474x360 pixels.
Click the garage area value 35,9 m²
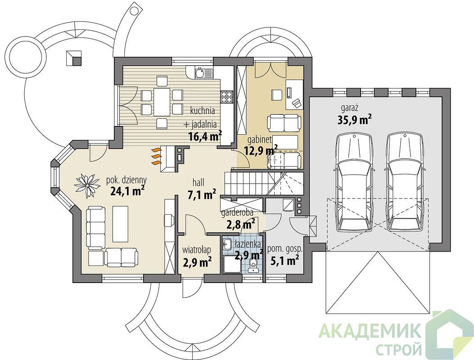point(354,119)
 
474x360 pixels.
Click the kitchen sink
point(200,73)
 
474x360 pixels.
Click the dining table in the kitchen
point(162,101)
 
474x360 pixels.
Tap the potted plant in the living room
point(87,185)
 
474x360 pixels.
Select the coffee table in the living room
point(120,222)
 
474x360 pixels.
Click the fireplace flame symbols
point(155,156)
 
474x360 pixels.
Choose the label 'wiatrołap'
point(197,250)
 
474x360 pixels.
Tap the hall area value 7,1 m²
point(202,195)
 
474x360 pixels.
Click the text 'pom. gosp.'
point(285,249)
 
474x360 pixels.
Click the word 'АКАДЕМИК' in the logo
point(370,331)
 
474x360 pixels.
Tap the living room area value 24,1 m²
point(127,191)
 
